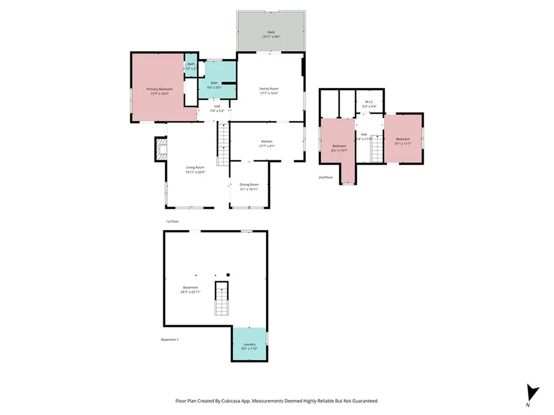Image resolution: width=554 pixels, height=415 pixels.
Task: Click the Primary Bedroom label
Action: [x=159, y=89]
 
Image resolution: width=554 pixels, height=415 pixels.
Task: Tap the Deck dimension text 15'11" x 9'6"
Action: [x=271, y=37]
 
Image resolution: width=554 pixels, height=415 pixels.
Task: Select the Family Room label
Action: [x=269, y=89]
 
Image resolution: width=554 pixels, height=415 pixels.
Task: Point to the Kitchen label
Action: [x=267, y=141]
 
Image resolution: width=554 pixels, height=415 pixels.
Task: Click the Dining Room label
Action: [x=249, y=184]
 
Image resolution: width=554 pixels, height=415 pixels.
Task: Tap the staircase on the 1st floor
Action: [x=223, y=144]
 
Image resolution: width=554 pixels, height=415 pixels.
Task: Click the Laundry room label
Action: [x=249, y=344]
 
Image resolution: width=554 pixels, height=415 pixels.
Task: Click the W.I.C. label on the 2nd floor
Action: [x=370, y=102]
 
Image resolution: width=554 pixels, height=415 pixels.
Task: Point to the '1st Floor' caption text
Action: [x=172, y=222]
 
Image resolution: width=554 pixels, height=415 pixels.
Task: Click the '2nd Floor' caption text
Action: [x=326, y=177]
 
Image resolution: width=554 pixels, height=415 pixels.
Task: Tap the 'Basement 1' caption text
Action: [x=169, y=339]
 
